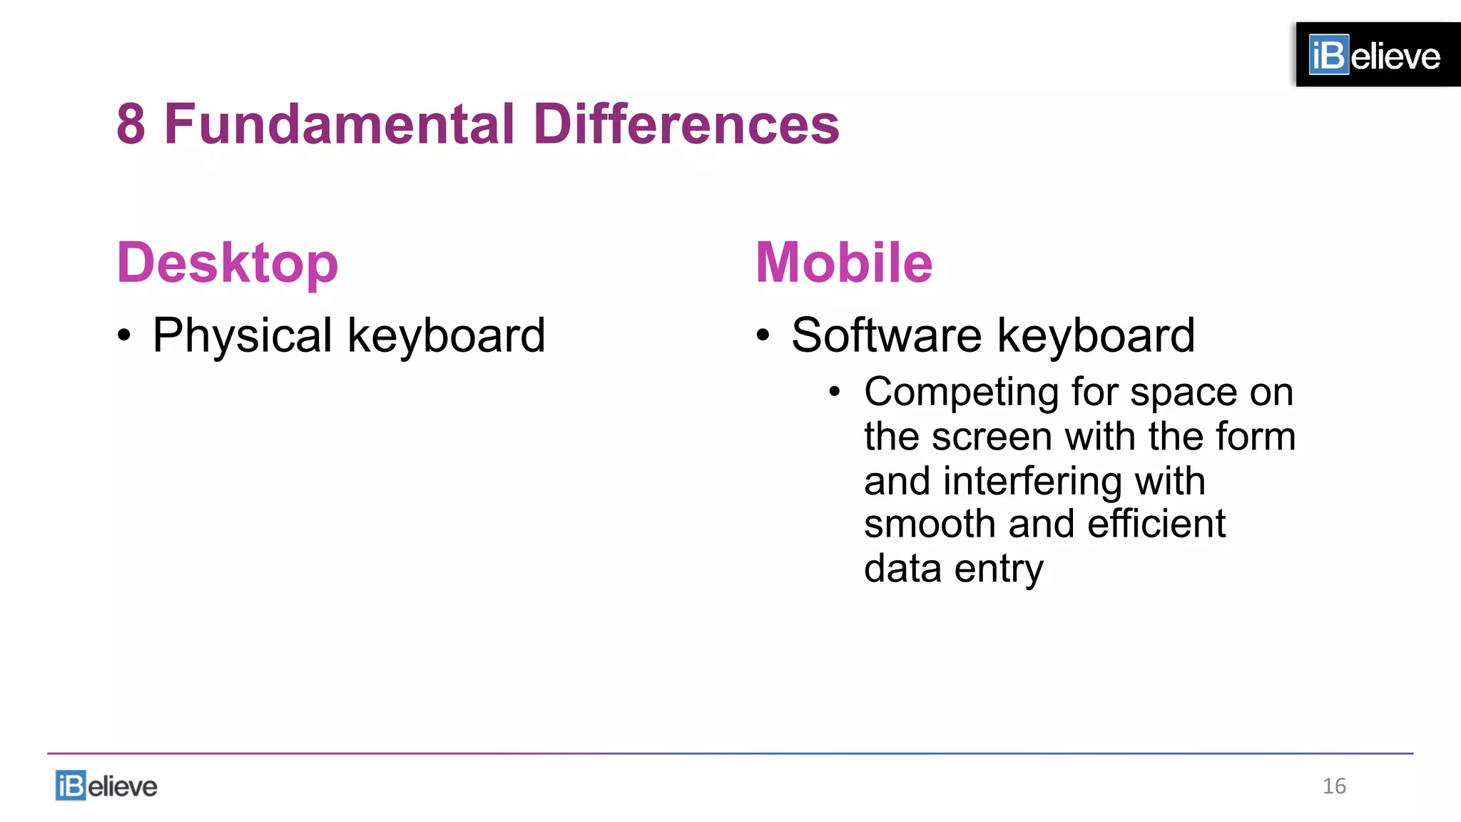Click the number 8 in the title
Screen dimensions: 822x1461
[131, 124]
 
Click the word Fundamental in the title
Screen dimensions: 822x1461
[339, 124]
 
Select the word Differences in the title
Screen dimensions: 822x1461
[686, 124]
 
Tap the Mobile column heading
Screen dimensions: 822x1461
[844, 263]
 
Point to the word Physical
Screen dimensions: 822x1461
[243, 335]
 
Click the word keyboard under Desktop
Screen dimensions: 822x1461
[447, 335]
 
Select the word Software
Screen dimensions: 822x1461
[887, 335]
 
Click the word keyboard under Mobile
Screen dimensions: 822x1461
[1096, 335]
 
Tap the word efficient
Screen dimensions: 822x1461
[1156, 524]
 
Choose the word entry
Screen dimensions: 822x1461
[999, 569]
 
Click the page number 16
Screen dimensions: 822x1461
[1334, 786]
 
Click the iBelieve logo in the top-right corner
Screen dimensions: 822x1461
[1375, 55]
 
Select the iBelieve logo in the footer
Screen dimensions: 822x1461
[106, 786]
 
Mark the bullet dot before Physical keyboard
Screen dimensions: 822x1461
[125, 335]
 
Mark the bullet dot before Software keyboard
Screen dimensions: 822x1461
[763, 335]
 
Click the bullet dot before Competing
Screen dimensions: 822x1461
[835, 392]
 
